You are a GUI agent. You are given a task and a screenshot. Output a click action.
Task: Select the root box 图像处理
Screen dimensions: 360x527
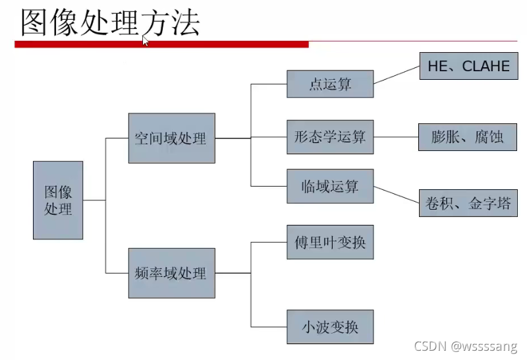click(x=58, y=200)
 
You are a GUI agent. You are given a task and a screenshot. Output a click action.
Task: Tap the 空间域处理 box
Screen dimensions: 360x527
click(x=171, y=138)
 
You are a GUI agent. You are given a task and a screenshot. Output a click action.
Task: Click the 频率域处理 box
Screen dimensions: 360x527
click(x=171, y=272)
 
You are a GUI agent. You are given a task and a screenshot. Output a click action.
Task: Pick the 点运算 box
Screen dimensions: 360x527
click(x=330, y=84)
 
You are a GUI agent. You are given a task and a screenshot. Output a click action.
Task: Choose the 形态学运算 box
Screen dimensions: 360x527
click(x=330, y=138)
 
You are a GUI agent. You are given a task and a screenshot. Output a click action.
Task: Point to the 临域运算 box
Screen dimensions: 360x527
click(x=330, y=186)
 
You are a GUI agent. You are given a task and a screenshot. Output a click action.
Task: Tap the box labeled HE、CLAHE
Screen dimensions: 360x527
click(x=468, y=67)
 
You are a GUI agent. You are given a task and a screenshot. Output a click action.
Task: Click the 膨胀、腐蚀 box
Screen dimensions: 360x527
click(x=468, y=138)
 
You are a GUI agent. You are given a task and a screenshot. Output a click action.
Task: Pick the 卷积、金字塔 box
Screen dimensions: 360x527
click(x=468, y=204)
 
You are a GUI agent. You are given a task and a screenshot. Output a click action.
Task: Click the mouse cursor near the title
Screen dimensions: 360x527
click(x=146, y=41)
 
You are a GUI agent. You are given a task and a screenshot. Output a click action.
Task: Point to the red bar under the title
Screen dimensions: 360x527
click(x=161, y=45)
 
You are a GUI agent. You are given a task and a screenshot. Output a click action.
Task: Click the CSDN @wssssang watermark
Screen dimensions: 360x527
click(x=467, y=345)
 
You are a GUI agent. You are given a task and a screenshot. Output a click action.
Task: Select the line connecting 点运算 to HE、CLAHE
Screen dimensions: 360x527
click(x=397, y=75)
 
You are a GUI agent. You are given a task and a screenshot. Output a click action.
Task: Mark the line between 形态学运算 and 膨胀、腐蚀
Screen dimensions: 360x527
click(x=396, y=138)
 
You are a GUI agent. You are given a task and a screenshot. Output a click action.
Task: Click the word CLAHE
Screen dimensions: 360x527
click(x=486, y=67)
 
